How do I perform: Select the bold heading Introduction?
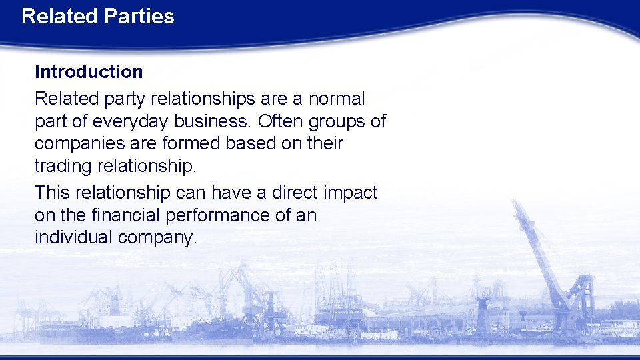[x=89, y=71]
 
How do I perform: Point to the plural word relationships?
[x=203, y=99]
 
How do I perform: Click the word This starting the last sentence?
[x=53, y=193]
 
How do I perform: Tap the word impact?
[x=351, y=193]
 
